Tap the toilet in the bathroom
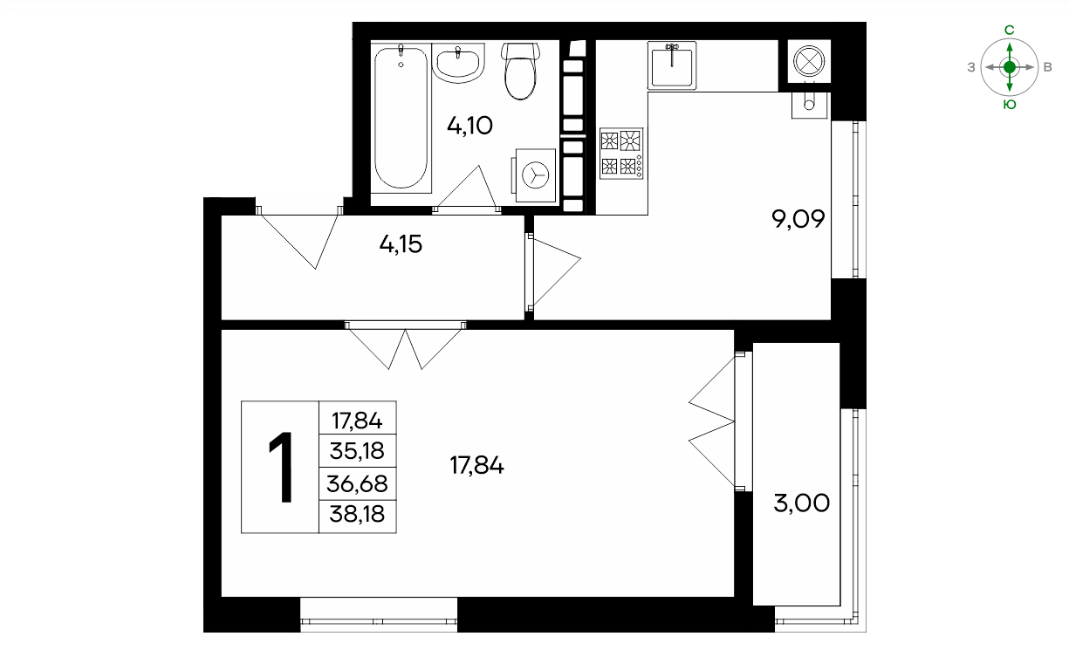(x=520, y=71)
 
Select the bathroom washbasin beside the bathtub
(x=458, y=63)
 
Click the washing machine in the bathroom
(x=534, y=175)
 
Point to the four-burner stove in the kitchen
(x=621, y=154)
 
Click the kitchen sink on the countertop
(x=672, y=65)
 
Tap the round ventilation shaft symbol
(x=809, y=61)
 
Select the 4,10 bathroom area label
(x=469, y=126)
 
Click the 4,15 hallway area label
(x=401, y=244)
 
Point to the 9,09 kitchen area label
(x=798, y=219)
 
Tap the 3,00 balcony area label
(x=802, y=503)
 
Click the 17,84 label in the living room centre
(x=476, y=465)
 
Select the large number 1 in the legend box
(x=281, y=467)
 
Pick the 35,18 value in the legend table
(x=357, y=450)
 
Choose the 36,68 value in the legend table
(x=357, y=483)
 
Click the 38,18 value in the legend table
(x=357, y=514)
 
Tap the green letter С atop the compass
(x=1010, y=30)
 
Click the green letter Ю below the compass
(x=1010, y=105)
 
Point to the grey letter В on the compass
(x=1047, y=67)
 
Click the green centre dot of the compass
(x=1010, y=67)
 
